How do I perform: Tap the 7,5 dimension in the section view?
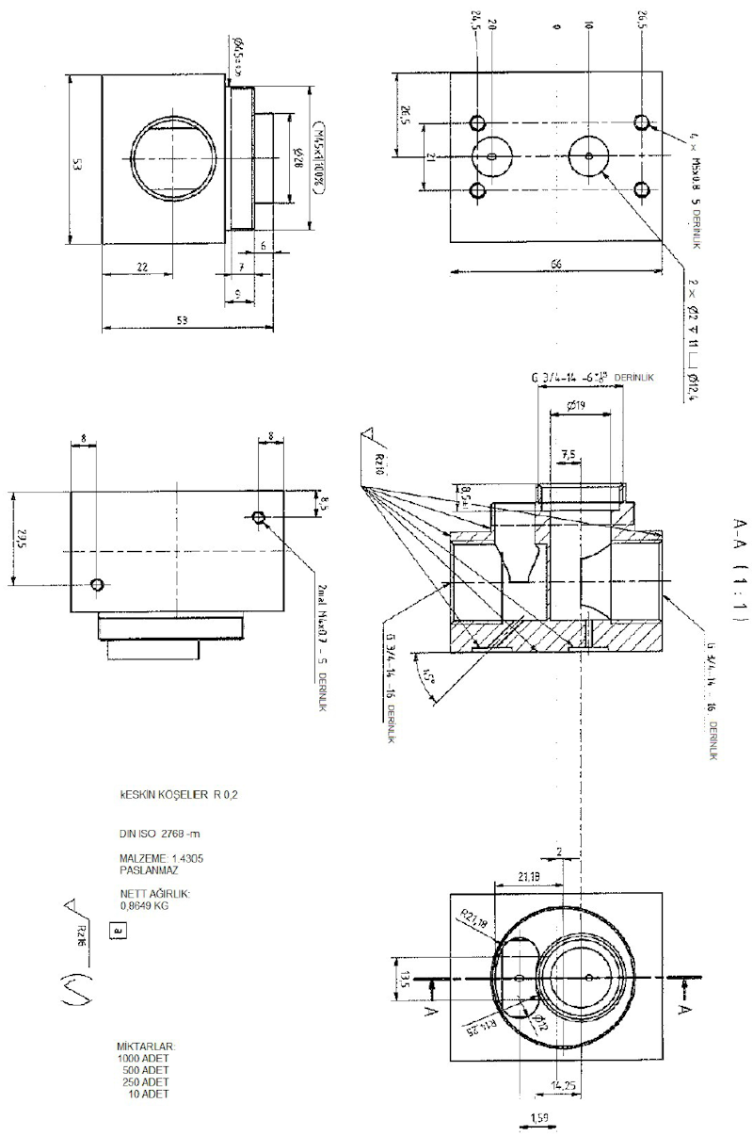569,454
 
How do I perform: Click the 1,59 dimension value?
540,1117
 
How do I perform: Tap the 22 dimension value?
142,268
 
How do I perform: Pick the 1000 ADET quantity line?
143,1059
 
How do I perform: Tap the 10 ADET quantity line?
148,1093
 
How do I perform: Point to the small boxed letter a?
117,930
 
